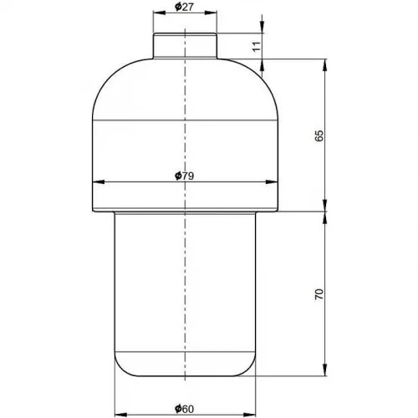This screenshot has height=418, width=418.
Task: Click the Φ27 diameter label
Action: pos(184,7)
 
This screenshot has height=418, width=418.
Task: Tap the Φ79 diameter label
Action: pos(184,176)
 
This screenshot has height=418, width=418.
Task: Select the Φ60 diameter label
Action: pos(184,409)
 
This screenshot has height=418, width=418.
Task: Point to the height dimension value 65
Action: pos(319,135)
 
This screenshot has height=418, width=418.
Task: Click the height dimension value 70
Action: pos(319,294)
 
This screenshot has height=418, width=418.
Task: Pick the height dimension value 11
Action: pos(257,46)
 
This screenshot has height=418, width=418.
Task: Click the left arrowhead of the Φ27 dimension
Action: pos(160,13)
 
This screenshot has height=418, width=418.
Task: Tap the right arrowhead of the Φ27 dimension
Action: pos(211,13)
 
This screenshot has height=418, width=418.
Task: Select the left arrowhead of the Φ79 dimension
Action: pos(99,182)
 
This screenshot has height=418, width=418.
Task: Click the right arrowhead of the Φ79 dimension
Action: pos(272,182)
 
